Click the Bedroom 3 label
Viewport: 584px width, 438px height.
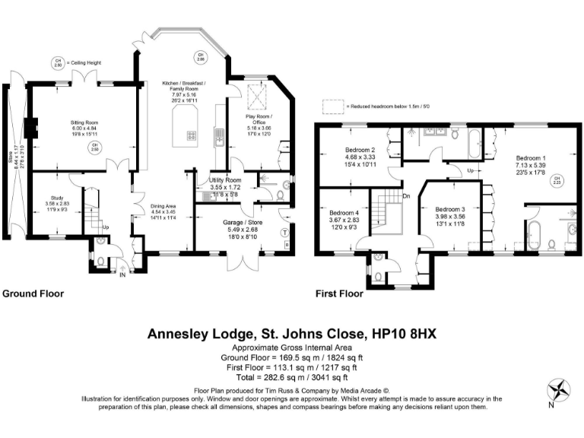[450, 208]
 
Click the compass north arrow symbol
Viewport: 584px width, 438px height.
[561, 389]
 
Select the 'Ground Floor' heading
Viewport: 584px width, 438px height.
[33, 294]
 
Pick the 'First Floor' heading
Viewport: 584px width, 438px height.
[341, 294]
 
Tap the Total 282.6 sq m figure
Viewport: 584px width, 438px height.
[291, 376]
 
